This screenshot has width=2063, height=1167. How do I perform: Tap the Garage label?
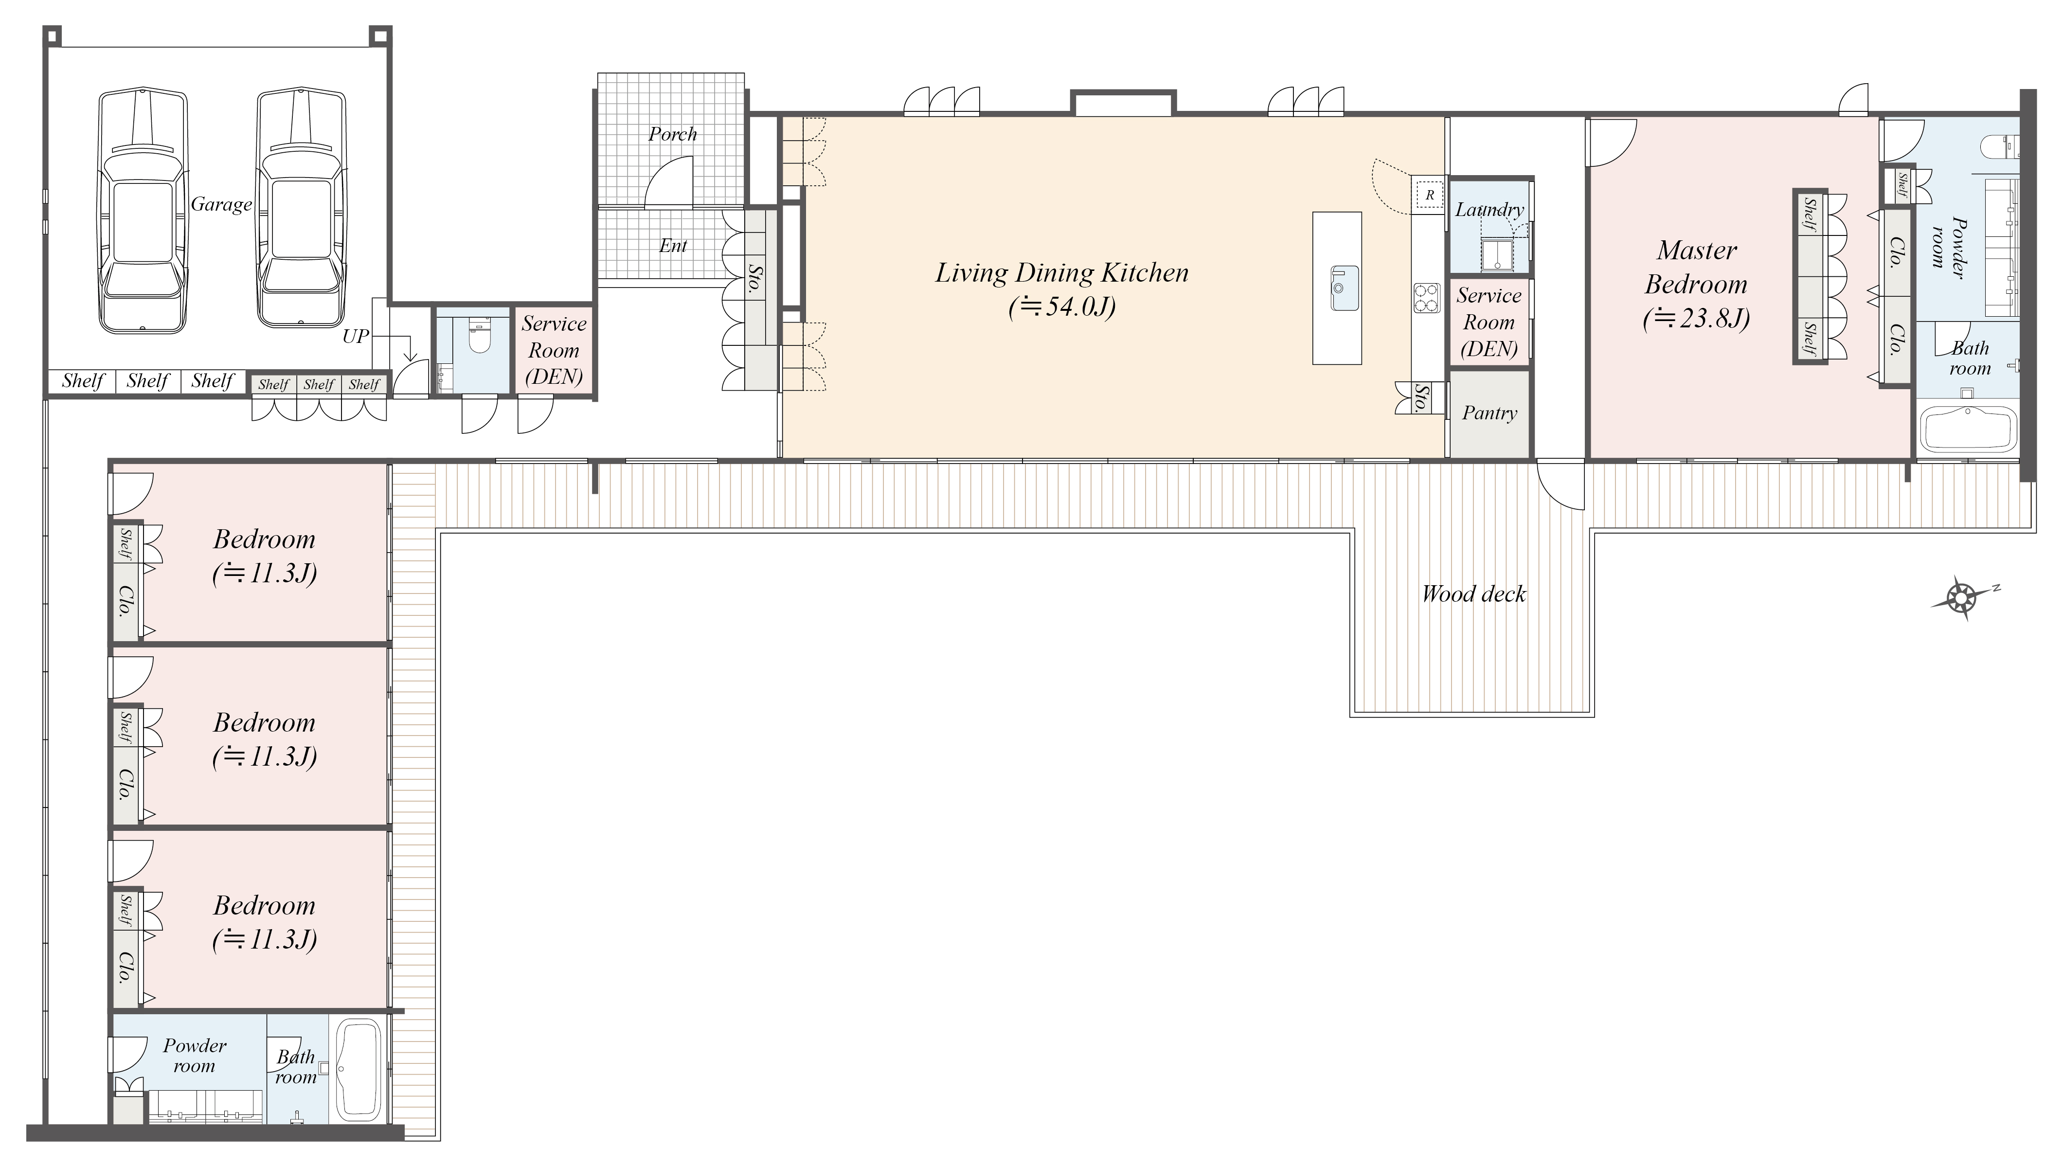[x=221, y=205]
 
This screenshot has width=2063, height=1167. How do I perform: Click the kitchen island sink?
[x=1344, y=287]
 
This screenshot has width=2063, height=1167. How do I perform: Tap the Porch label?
[x=672, y=135]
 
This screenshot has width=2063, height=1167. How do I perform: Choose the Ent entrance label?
[x=673, y=246]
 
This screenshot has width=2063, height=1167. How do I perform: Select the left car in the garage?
[x=143, y=210]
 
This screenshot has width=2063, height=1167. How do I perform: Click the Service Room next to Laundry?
[x=1489, y=322]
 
